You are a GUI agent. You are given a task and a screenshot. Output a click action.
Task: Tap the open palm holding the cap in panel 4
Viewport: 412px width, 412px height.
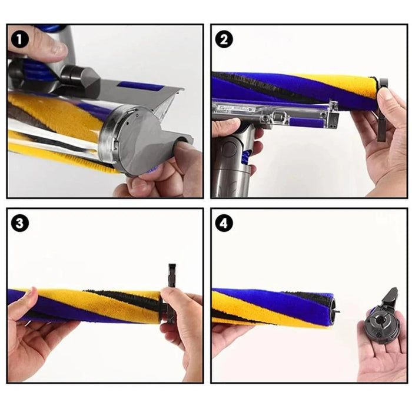click(x=383, y=353)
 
